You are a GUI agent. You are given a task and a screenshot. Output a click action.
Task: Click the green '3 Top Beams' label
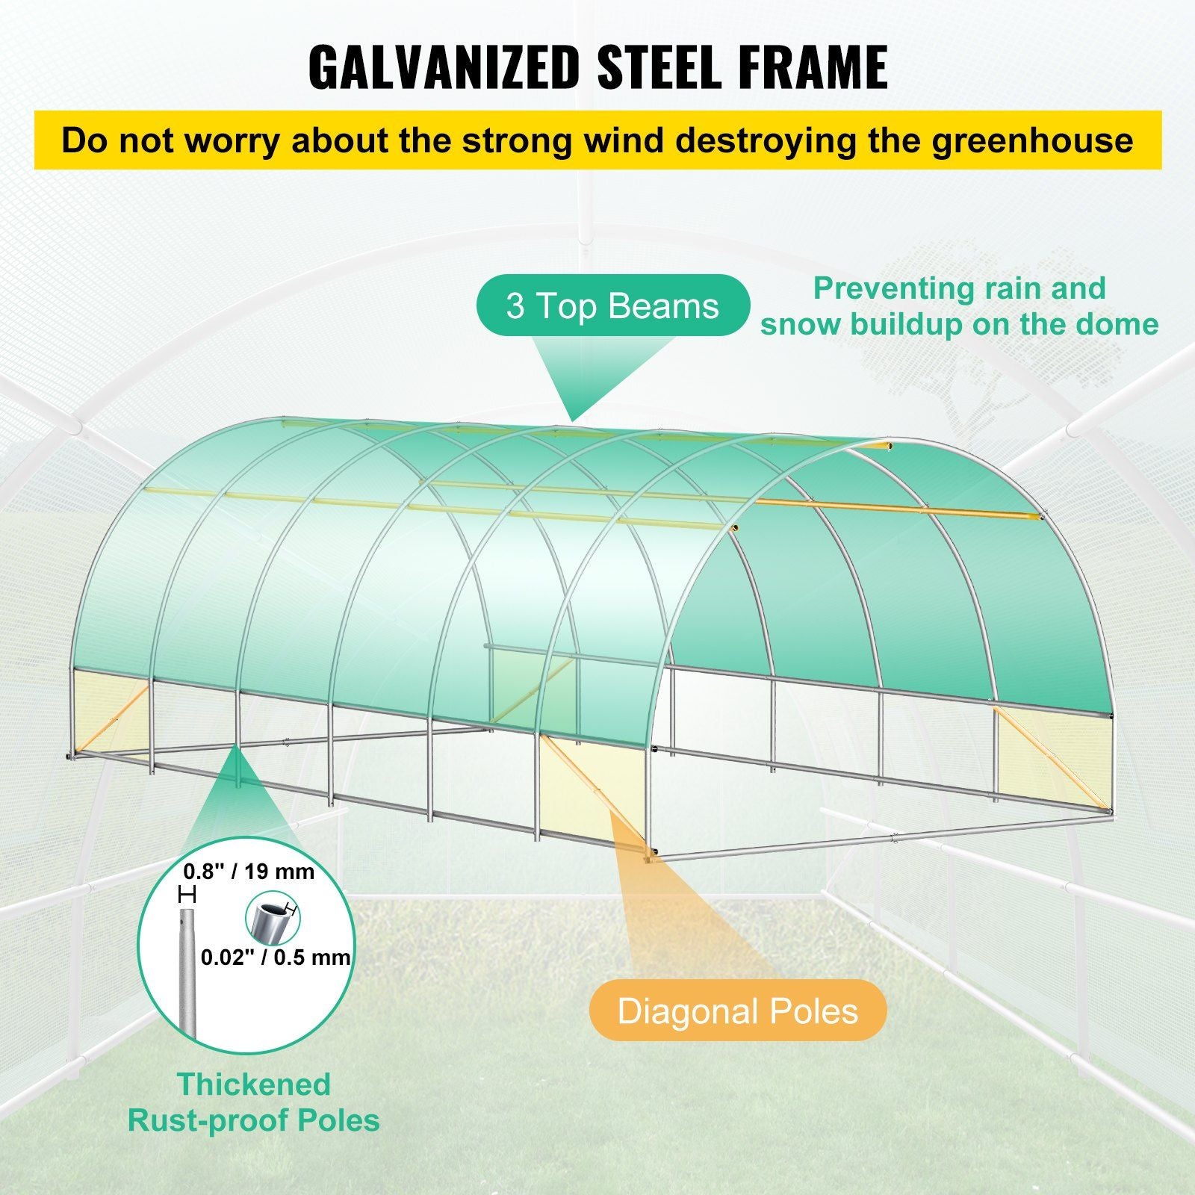click(x=612, y=306)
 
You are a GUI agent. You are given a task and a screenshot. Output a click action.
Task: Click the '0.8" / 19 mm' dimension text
click(x=249, y=872)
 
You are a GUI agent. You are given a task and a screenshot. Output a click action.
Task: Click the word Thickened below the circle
click(x=254, y=1084)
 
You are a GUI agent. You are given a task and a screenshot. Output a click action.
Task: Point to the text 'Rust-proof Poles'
click(x=254, y=1120)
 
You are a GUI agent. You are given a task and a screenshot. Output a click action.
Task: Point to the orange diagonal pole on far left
click(x=110, y=721)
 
